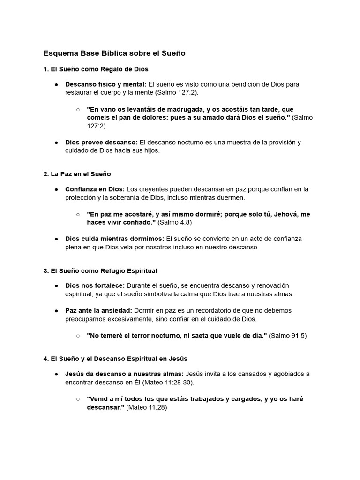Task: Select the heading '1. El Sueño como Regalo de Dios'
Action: [96, 69]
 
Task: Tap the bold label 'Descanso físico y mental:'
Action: [106, 84]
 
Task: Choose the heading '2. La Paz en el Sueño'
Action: [77, 174]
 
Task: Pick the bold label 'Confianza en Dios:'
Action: [95, 189]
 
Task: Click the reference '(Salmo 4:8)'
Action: [174, 222]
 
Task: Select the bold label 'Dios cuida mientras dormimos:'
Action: [115, 239]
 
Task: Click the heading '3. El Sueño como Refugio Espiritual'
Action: [100, 271]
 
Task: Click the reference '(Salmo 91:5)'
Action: [288, 336]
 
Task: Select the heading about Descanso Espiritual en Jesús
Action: [115, 359]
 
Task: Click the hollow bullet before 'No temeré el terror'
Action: [78, 336]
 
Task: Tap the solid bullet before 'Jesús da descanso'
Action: [56, 374]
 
